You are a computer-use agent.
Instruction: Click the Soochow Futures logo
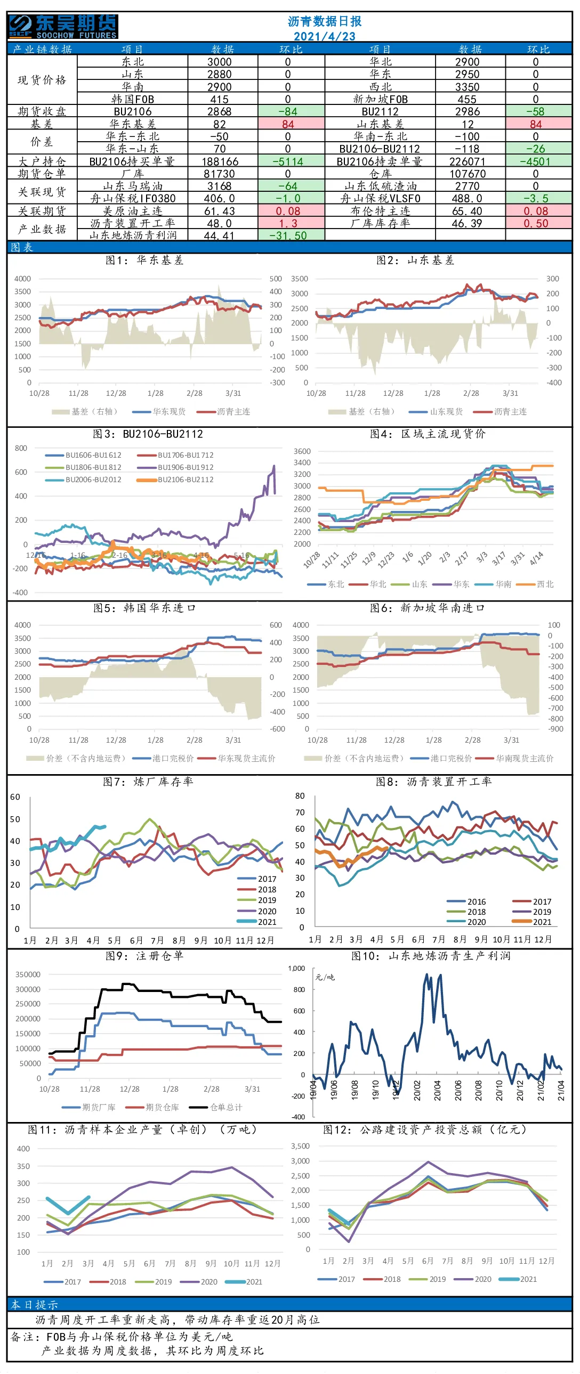pos(63,27)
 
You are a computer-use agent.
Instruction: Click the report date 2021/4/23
pos(325,36)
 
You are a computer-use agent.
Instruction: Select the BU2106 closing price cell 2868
pos(219,111)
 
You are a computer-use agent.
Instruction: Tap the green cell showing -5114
pos(292,161)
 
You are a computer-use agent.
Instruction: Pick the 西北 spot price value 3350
pos(467,87)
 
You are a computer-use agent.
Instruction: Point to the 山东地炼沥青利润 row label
pos(133,235)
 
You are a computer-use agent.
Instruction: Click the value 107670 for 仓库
pos(468,174)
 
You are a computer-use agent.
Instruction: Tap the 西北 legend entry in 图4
pos(535,584)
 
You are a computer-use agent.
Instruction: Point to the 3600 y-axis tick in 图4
pos(302,451)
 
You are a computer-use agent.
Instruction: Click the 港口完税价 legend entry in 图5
pos(163,759)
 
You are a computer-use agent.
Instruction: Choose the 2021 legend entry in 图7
pos(257,922)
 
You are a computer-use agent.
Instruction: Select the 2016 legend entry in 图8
pos(466,902)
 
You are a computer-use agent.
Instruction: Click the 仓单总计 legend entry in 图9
pos(216,1107)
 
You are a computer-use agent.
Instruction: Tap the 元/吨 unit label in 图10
pos(325,977)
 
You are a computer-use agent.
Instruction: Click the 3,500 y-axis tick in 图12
pos(301,1146)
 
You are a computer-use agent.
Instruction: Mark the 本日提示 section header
pos(34,1305)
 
